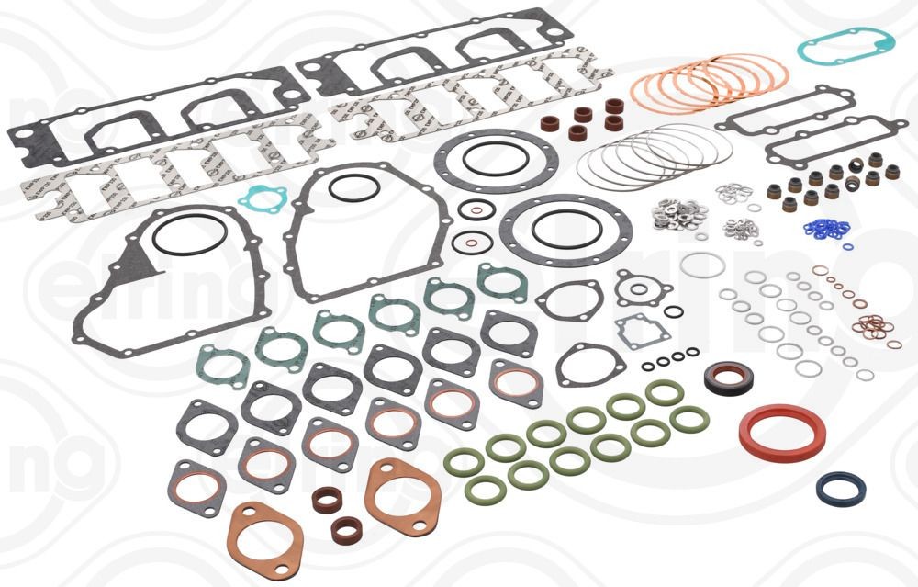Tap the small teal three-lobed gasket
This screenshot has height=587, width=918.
click(x=262, y=200)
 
